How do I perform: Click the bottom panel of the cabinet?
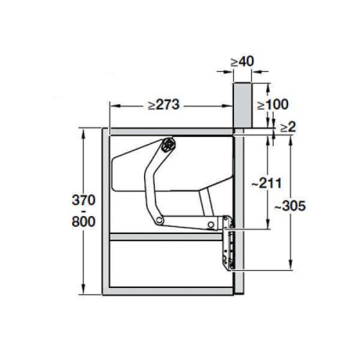[173, 293]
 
